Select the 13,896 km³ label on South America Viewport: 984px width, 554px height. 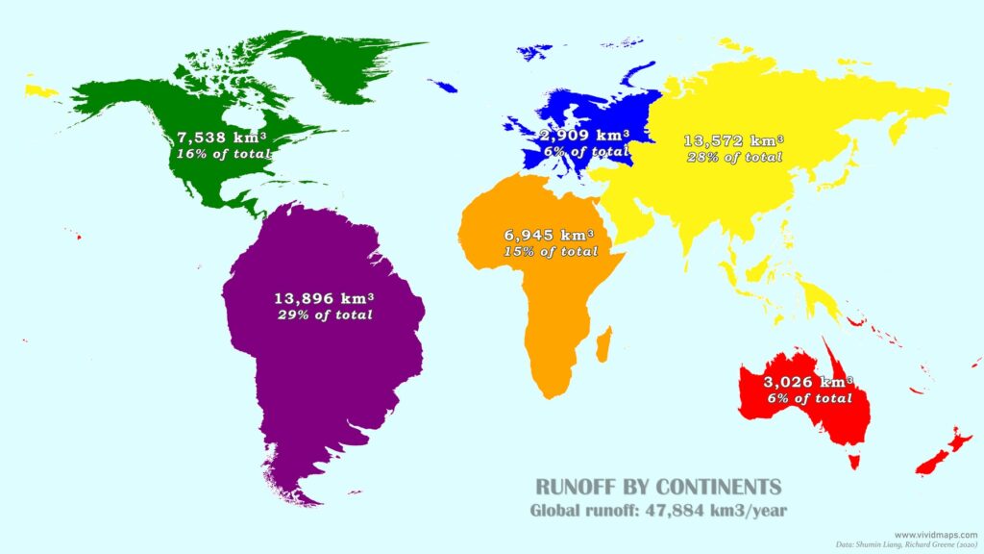click(324, 298)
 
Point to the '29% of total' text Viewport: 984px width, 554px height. click(324, 315)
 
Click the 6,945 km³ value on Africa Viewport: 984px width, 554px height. click(549, 235)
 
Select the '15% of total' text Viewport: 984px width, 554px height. click(549, 251)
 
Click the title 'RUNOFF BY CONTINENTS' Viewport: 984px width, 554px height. click(658, 486)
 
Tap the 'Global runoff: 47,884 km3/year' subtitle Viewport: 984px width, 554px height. click(658, 511)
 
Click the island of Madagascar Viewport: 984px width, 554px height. click(603, 343)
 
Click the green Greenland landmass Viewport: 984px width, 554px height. click(356, 63)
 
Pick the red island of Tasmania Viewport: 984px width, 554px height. click(853, 461)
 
